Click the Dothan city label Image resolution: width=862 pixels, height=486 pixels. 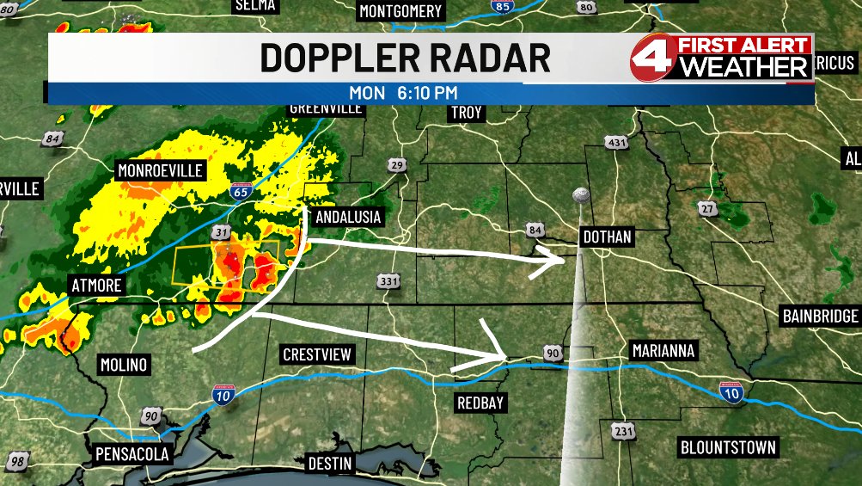pos(607,237)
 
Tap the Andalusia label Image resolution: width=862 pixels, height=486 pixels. pos(348,217)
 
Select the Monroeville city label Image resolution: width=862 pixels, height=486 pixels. pos(160,170)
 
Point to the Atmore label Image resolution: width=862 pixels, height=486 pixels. pos(95,286)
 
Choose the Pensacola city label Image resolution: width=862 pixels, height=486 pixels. pos(131,453)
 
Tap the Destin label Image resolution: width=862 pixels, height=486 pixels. pos(329,464)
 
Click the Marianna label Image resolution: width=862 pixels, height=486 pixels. pos(663,351)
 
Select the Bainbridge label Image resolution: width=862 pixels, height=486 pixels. pos(820,316)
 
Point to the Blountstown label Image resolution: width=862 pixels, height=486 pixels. pos(728,447)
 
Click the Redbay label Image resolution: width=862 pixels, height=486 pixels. pos(480,403)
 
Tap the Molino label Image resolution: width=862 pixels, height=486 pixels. pos(123,364)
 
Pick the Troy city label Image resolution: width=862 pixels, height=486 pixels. pos(466,113)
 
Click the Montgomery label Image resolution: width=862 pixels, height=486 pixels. pos(400,11)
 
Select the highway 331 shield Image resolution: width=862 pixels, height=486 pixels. pos(388,282)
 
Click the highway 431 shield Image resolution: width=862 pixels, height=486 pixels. pos(616,142)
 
